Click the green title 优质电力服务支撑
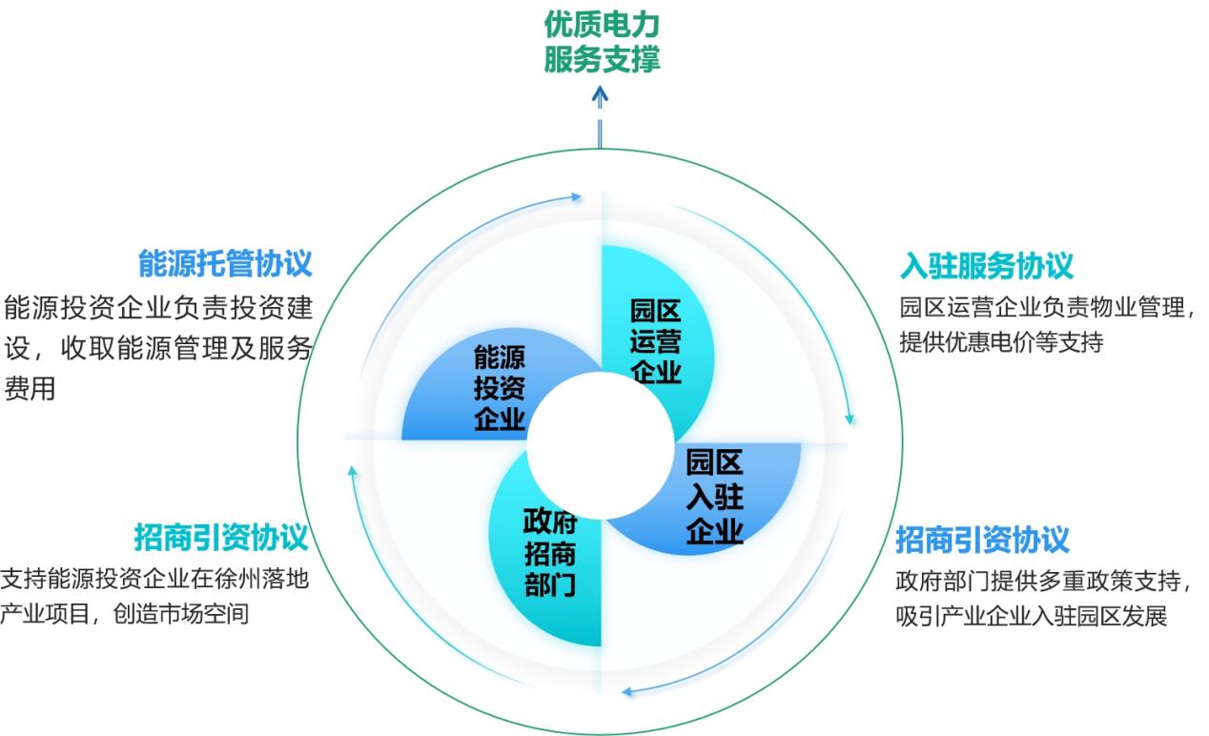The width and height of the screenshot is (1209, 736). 602,41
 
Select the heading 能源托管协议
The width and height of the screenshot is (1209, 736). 225,264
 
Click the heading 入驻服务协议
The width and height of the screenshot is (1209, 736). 987,265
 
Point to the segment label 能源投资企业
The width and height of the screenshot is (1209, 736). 500,389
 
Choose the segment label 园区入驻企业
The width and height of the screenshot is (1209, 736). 714,498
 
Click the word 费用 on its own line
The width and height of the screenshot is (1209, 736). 30,389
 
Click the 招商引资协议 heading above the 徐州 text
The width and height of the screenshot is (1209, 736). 221,539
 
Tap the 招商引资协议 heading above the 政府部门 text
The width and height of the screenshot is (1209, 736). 982,541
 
